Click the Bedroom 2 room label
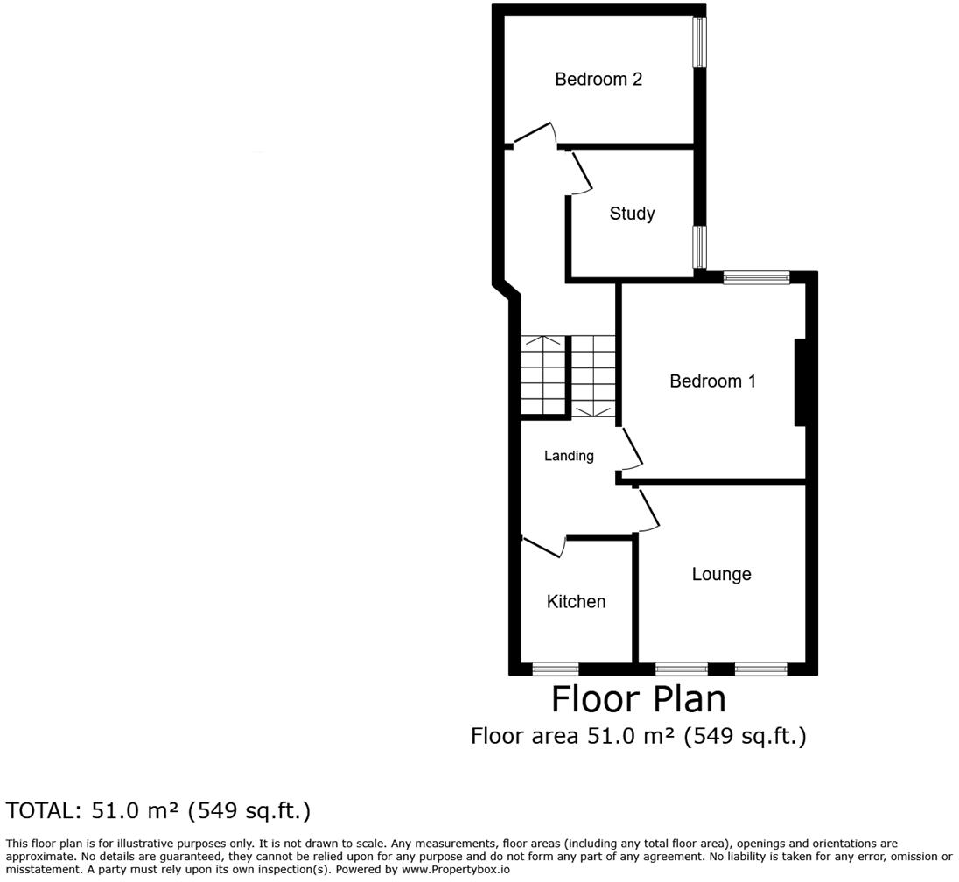click(x=598, y=80)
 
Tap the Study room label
click(x=632, y=213)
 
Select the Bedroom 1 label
click(x=712, y=381)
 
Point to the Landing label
click(x=569, y=456)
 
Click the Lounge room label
click(x=721, y=575)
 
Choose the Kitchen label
click(x=576, y=602)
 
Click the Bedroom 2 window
click(x=700, y=41)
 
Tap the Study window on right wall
click(x=700, y=247)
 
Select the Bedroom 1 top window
click(x=756, y=278)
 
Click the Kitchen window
click(x=556, y=668)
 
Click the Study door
click(x=581, y=172)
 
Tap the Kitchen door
click(x=542, y=546)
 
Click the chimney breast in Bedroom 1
click(x=800, y=382)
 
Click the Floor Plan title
click(x=638, y=700)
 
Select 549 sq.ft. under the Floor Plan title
click(x=743, y=737)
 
